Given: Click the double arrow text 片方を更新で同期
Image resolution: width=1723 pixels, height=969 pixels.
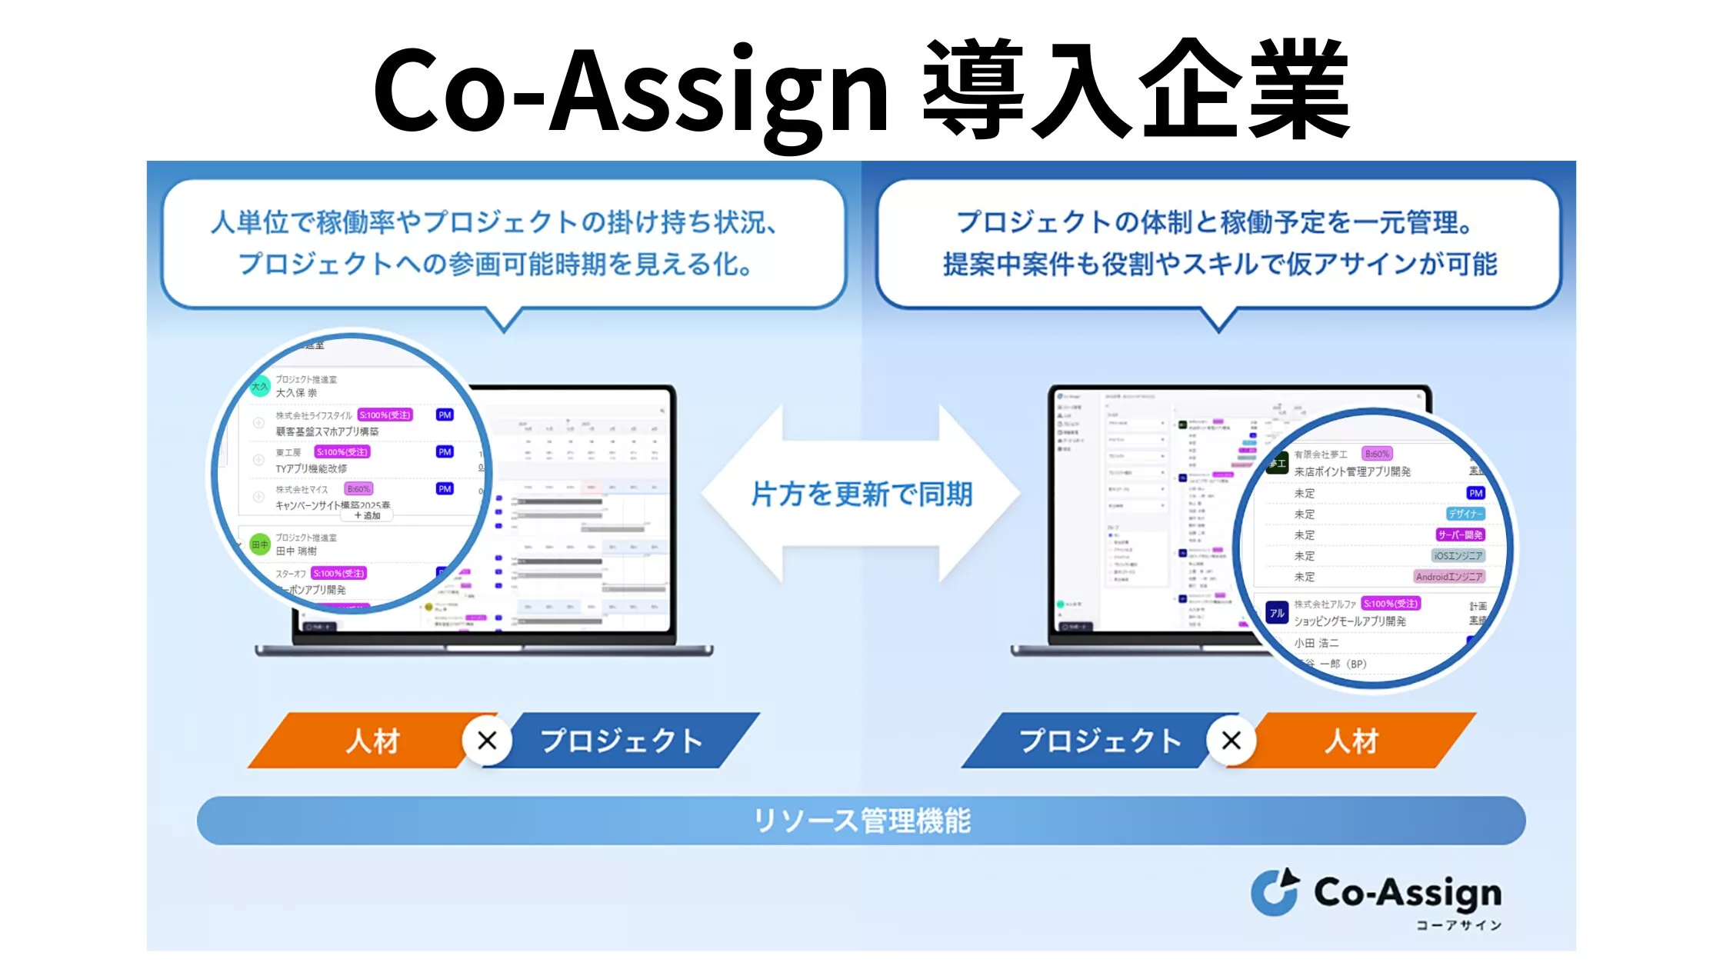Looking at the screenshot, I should [861, 494].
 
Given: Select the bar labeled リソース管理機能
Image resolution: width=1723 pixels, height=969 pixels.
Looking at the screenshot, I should [861, 821].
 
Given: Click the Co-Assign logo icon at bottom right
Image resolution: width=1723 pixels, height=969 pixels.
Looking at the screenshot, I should [1275, 893].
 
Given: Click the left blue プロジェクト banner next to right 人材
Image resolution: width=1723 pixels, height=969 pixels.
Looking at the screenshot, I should [1100, 741].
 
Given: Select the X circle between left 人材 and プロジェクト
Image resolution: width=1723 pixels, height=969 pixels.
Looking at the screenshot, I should [487, 741].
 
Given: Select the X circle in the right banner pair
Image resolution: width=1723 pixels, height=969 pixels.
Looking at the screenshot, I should [1231, 741].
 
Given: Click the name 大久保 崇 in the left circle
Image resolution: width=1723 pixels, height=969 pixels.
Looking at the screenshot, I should [296, 393].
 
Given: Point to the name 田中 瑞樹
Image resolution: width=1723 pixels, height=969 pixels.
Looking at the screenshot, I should [296, 551].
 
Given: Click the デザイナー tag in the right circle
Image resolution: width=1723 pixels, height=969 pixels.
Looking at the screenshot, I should [1465, 514].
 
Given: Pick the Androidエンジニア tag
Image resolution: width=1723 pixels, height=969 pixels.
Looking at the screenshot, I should [1449, 576].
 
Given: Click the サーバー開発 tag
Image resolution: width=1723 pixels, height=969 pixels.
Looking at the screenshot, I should [1460, 534].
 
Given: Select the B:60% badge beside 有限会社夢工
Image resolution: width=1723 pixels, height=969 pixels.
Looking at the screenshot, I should [1377, 454].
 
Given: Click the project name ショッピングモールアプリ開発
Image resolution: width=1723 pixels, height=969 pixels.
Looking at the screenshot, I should [1350, 621].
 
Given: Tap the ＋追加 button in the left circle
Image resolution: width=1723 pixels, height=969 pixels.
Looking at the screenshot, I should [367, 515].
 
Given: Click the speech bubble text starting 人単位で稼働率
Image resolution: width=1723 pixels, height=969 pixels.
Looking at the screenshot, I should [492, 222].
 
